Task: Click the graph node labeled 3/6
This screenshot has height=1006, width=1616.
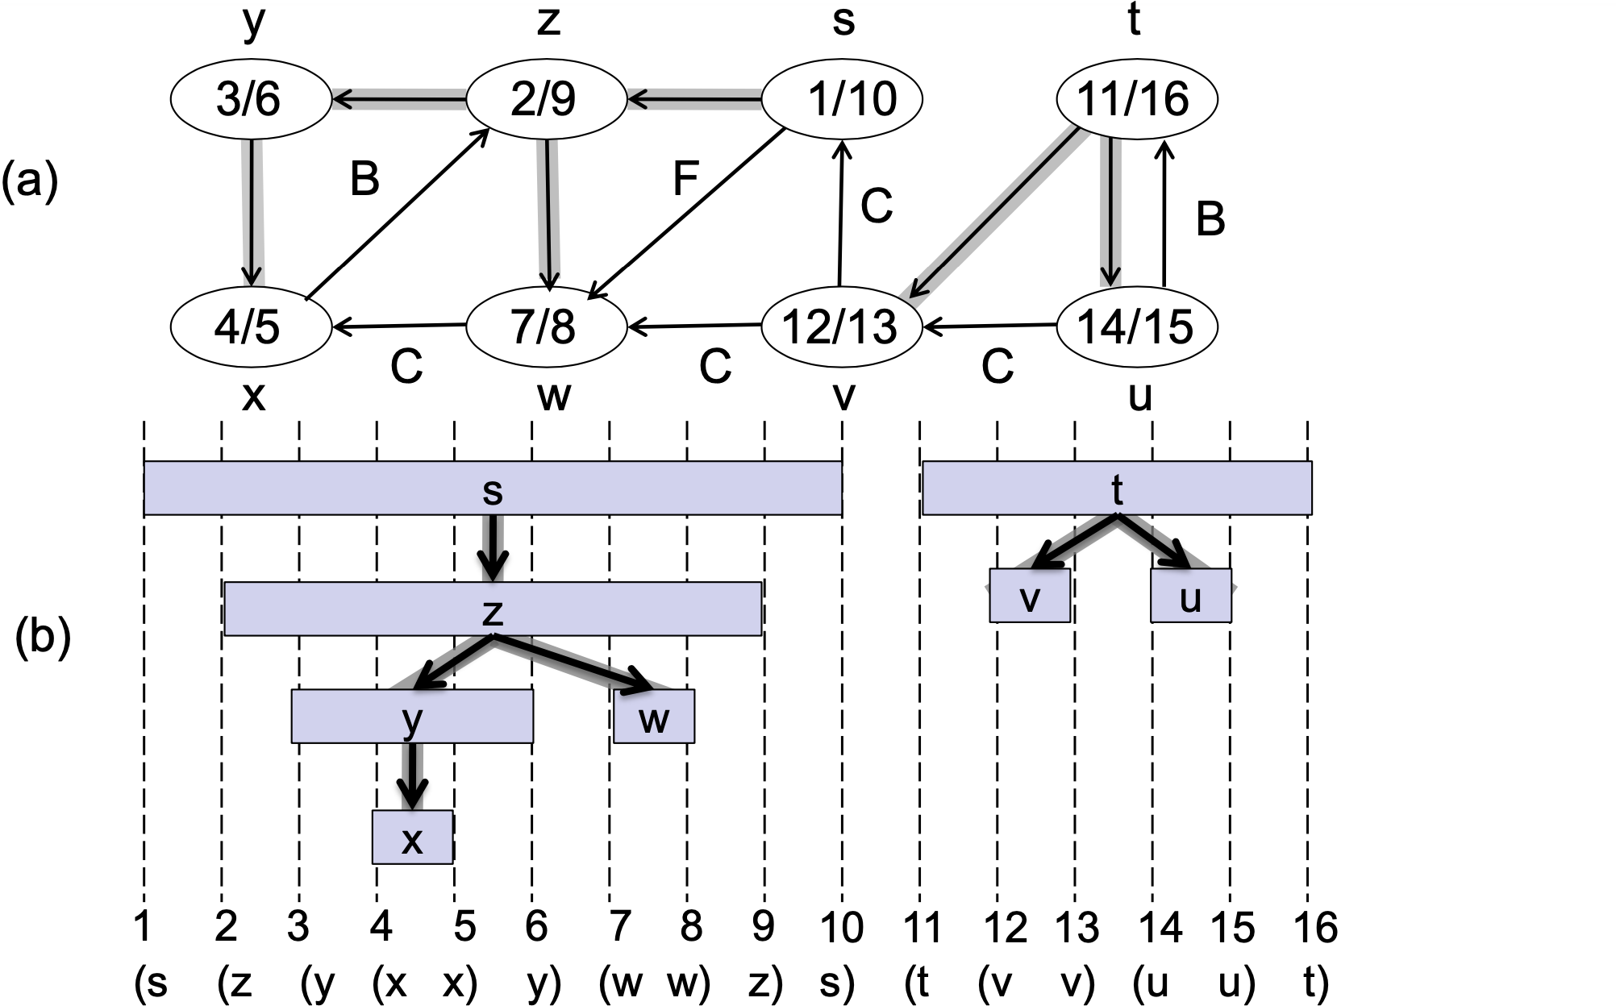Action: [250, 100]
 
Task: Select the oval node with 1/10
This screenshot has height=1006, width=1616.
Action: [842, 100]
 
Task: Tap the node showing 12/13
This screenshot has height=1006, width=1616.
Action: [840, 326]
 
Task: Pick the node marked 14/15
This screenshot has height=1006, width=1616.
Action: [1135, 326]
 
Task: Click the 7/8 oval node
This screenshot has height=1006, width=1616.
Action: [546, 326]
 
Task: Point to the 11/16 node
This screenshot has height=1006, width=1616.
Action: [1135, 100]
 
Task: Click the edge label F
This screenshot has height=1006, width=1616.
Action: [685, 179]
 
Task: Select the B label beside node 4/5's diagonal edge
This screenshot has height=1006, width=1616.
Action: [364, 179]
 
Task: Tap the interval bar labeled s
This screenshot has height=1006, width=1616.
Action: [492, 488]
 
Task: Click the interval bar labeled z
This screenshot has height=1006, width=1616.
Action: [492, 609]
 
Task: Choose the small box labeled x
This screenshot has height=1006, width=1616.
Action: [412, 838]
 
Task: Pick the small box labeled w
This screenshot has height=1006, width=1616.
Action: [653, 716]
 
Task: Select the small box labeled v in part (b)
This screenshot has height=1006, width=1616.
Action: [1030, 596]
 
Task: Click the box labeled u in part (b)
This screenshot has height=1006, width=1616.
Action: [1190, 596]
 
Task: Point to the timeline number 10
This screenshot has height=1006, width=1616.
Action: [842, 927]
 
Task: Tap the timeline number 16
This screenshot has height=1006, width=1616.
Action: [1315, 927]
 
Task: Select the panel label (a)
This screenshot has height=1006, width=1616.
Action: [30, 181]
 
